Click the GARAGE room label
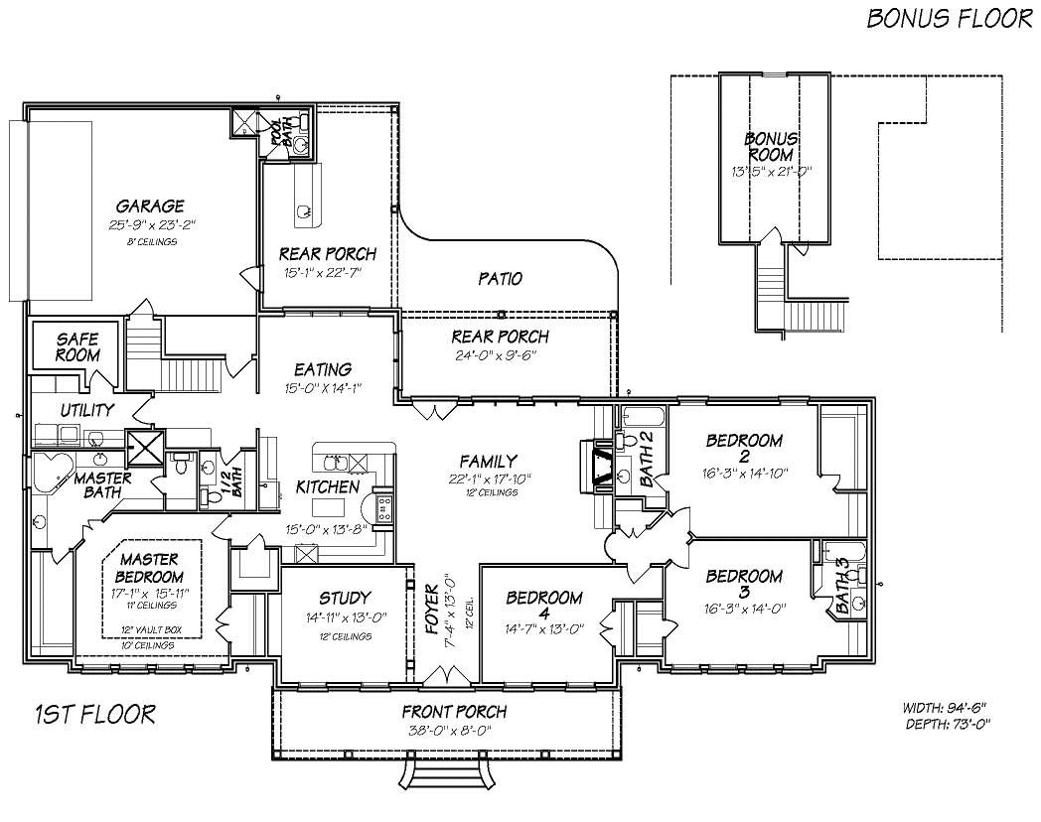[149, 206]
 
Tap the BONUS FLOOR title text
[949, 19]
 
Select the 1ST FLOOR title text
[94, 713]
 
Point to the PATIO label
[500, 279]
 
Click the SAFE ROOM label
[76, 346]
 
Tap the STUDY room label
[345, 598]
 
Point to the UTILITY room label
[86, 410]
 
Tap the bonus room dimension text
[771, 171]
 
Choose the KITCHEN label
[327, 486]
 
